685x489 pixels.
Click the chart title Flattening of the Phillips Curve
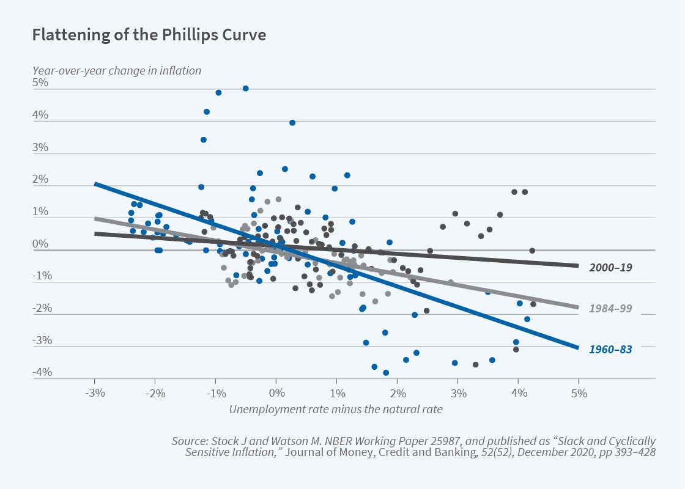point(149,35)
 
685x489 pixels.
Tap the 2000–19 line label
point(610,267)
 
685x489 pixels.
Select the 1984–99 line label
point(610,309)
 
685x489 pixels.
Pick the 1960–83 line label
point(610,350)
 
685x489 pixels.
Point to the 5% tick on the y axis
point(40,83)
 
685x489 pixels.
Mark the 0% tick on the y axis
point(40,244)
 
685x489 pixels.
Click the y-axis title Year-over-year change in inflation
point(117,70)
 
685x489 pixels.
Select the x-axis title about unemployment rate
point(336,409)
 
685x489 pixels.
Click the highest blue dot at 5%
point(245,89)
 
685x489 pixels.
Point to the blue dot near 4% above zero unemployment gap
point(292,123)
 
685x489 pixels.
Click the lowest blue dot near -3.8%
point(386,373)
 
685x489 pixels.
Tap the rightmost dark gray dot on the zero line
point(532,251)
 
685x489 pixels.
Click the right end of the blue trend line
point(577,348)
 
